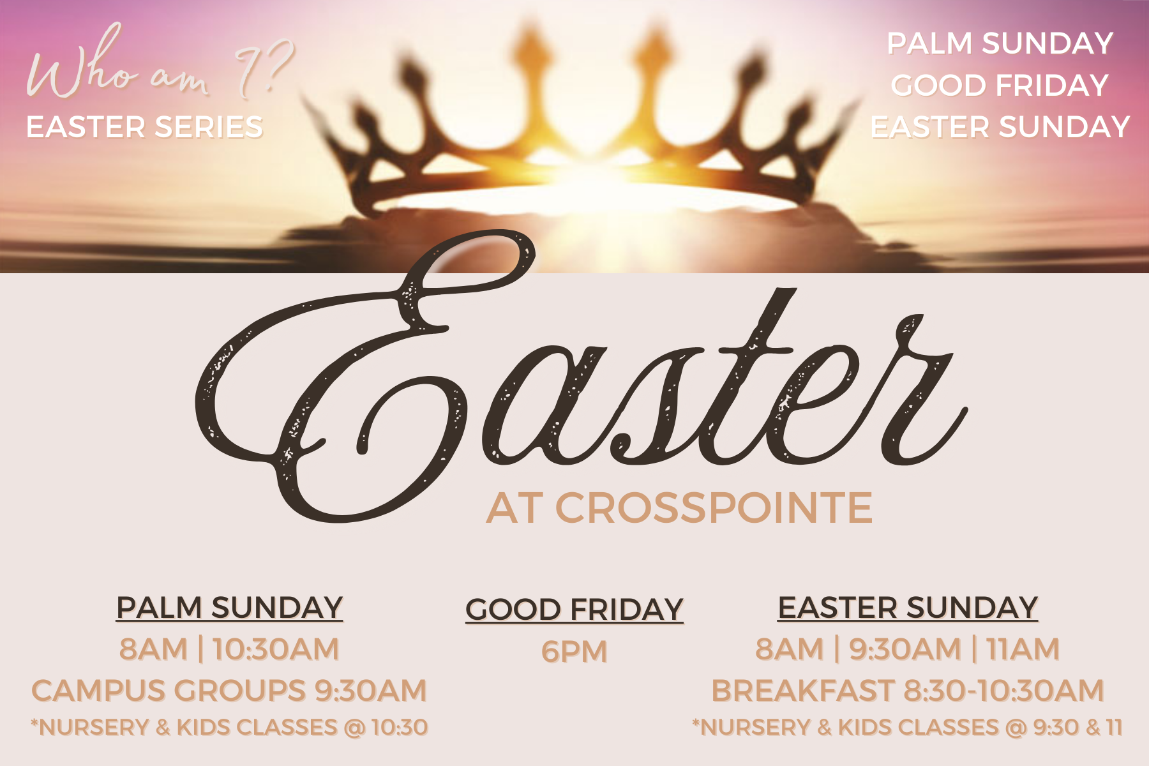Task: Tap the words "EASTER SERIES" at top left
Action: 144,127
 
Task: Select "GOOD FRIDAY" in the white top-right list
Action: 1000,86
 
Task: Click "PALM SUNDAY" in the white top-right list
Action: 1000,43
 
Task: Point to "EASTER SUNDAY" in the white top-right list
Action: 1000,127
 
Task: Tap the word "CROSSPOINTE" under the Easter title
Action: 714,508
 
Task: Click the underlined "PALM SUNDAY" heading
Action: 230,608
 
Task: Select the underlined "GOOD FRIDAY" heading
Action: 574,610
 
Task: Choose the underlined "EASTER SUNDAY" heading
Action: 908,608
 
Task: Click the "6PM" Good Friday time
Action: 574,652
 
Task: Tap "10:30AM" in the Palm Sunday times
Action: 276,649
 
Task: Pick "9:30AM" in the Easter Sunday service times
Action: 905,649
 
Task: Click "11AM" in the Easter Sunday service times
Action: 1023,649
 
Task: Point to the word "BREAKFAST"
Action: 802,691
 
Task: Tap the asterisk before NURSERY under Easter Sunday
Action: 696,723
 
